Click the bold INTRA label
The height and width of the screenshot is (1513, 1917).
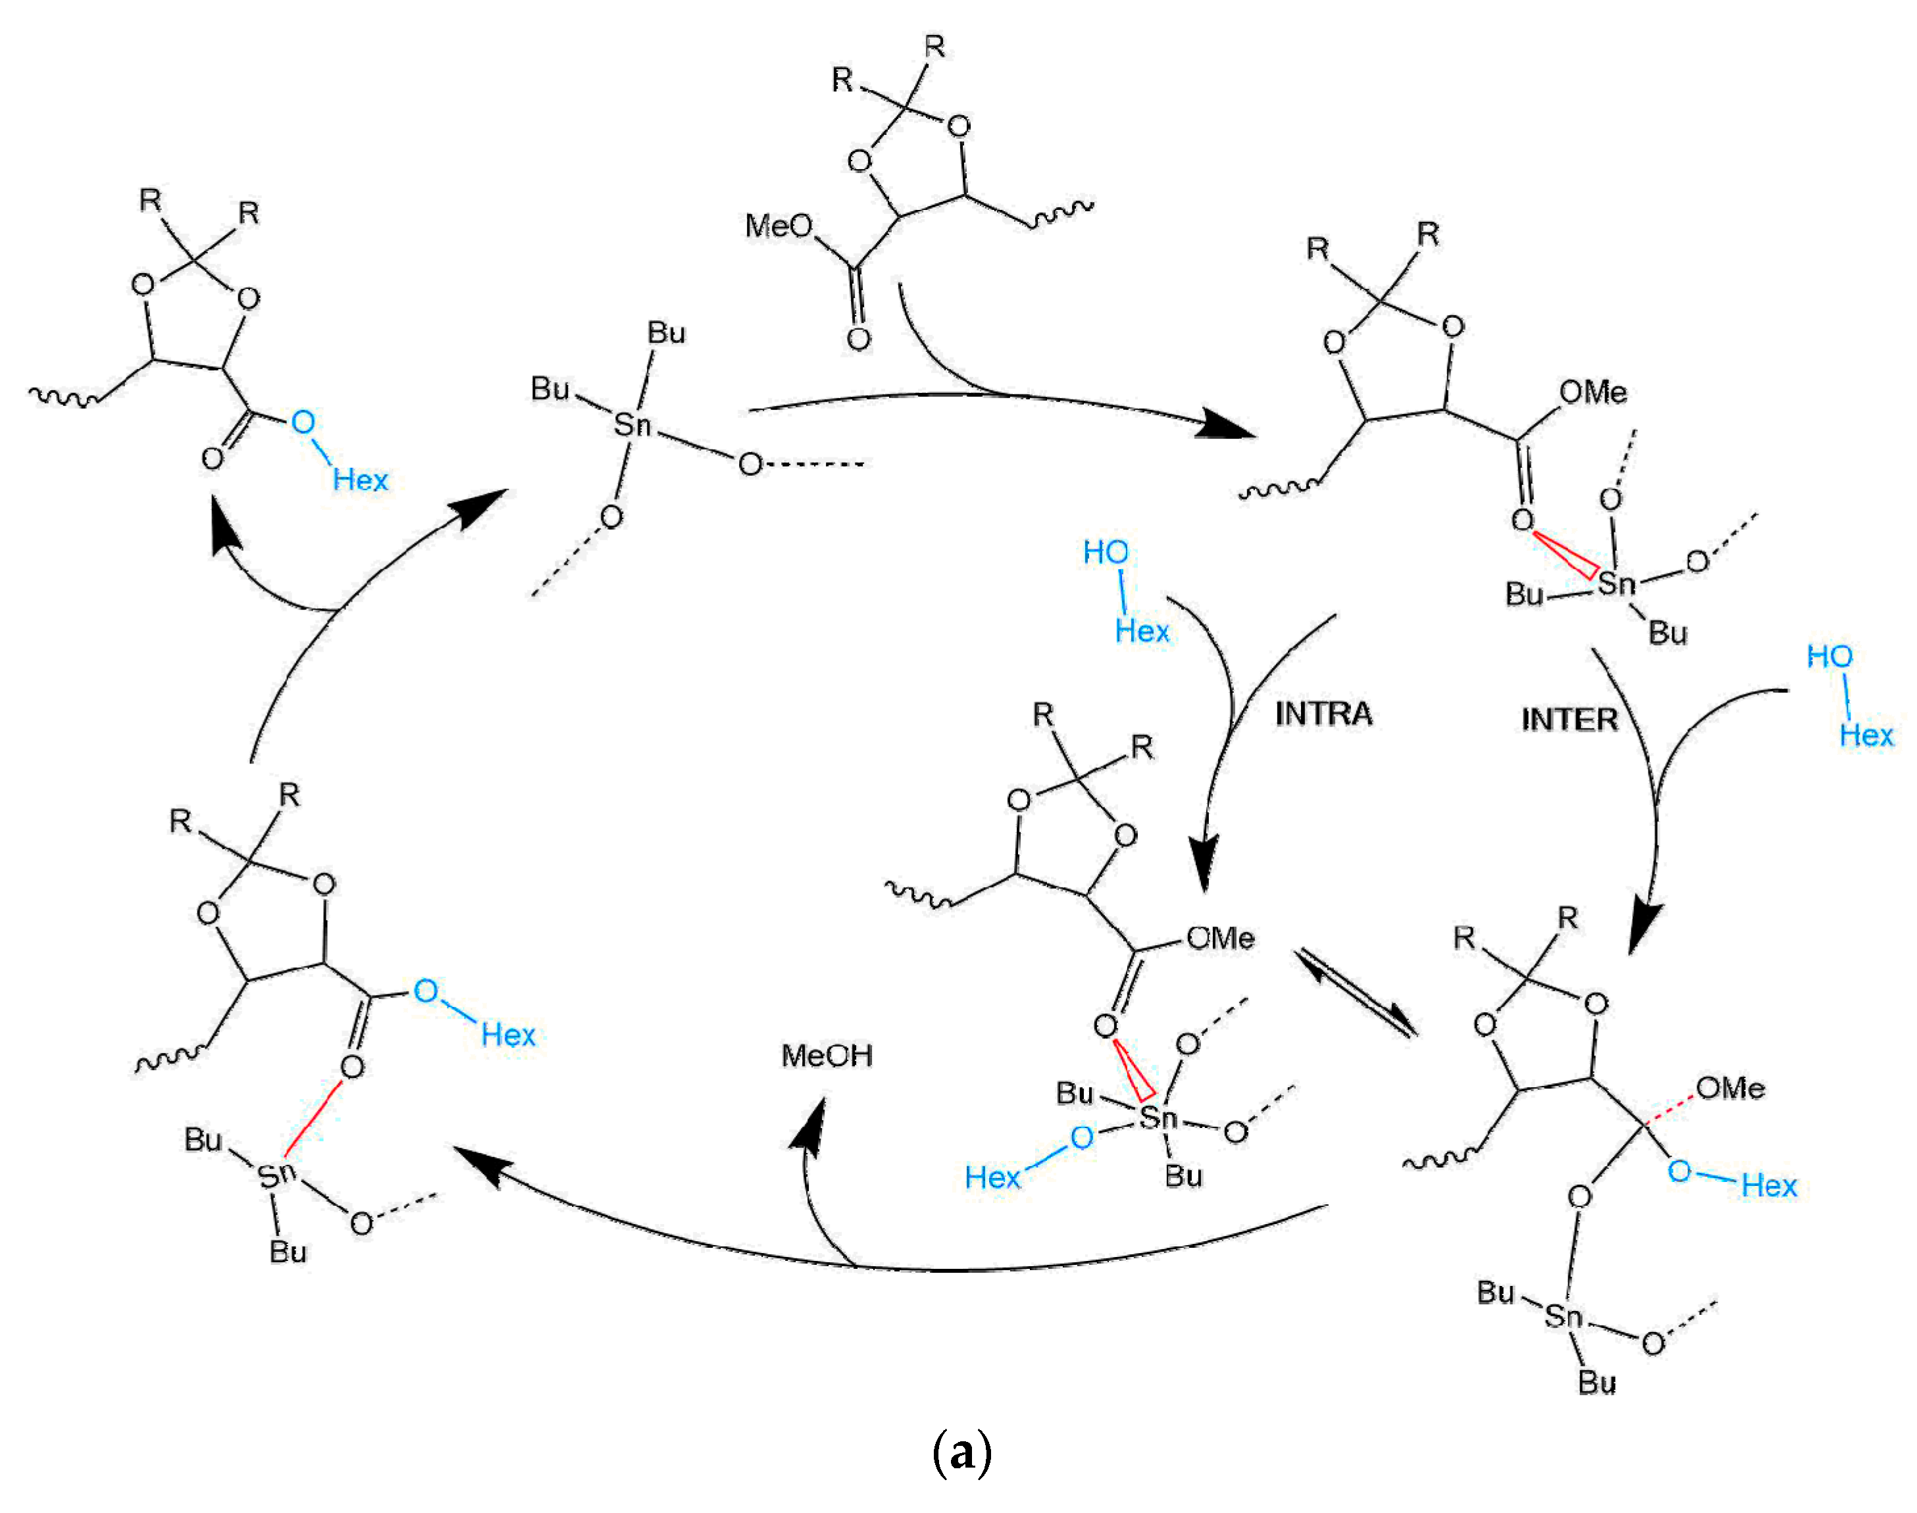pyautogui.click(x=1323, y=714)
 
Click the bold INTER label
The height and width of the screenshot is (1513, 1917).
pyautogui.click(x=1569, y=719)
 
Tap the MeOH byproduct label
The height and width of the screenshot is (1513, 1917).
pyautogui.click(x=827, y=1055)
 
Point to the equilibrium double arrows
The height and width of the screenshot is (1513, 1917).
pyautogui.click(x=1356, y=992)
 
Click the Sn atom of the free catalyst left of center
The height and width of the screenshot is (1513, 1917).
pyautogui.click(x=632, y=425)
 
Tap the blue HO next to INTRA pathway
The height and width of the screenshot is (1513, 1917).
pyautogui.click(x=1105, y=553)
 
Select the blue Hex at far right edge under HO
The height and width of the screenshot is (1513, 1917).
pyautogui.click(x=1866, y=735)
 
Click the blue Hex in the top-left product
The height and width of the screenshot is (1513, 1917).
pyautogui.click(x=360, y=480)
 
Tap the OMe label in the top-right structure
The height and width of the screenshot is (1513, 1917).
pyautogui.click(x=1592, y=392)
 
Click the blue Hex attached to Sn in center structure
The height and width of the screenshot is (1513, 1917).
pyautogui.click(x=992, y=1177)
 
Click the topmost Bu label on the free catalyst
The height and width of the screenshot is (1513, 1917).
pyautogui.click(x=666, y=333)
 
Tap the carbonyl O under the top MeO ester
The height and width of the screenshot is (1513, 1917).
pyautogui.click(x=857, y=338)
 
